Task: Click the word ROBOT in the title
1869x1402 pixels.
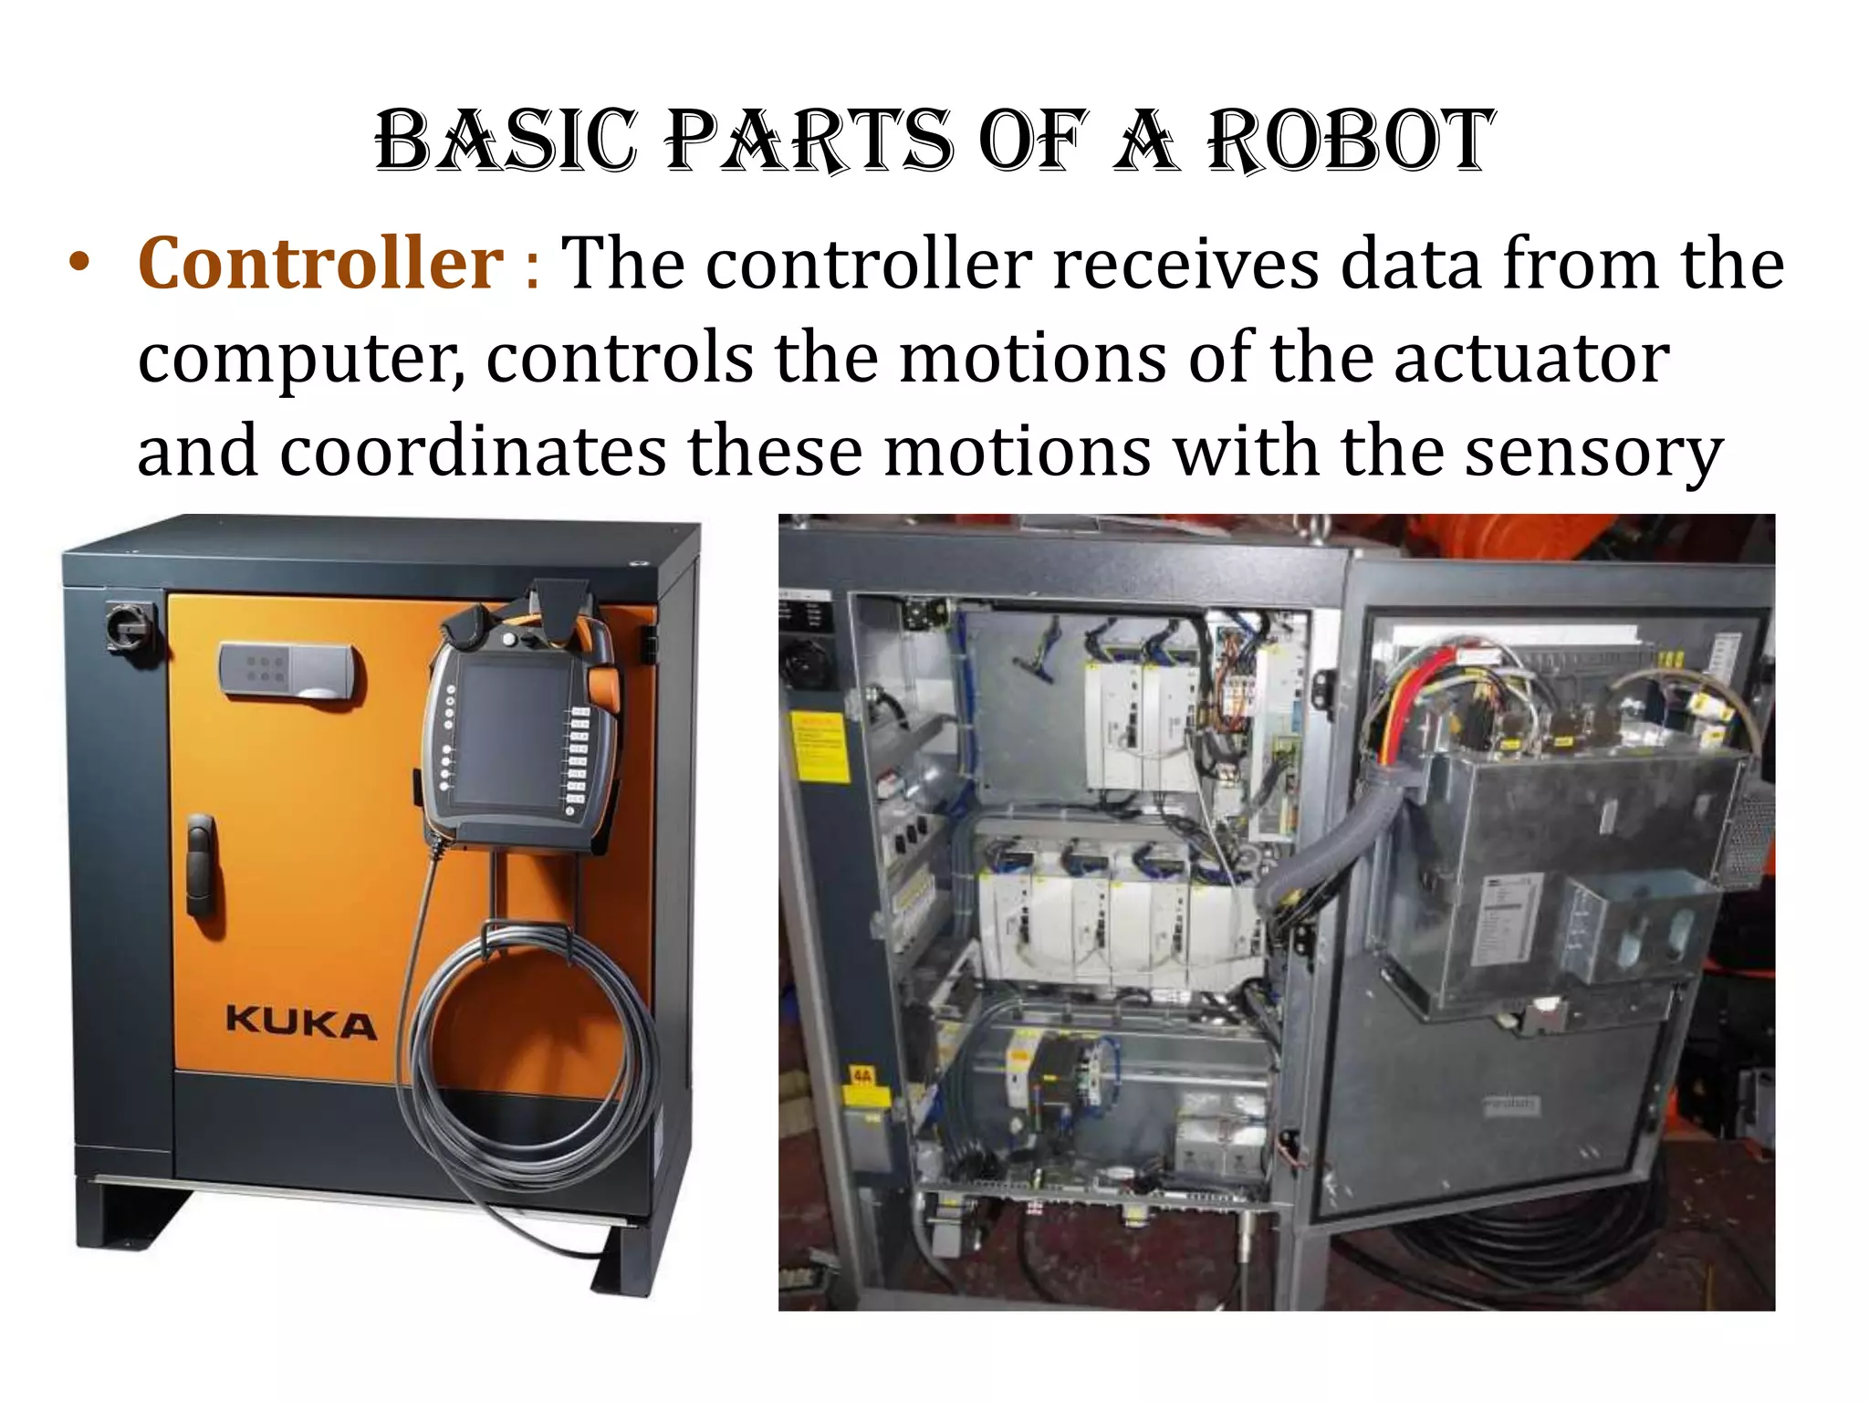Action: click(x=1351, y=141)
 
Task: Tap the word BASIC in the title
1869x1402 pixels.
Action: click(x=506, y=141)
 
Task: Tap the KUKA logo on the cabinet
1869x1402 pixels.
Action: click(x=300, y=1023)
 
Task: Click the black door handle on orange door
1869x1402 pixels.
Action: click(x=201, y=866)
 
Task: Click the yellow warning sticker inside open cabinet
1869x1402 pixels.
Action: click(x=819, y=747)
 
